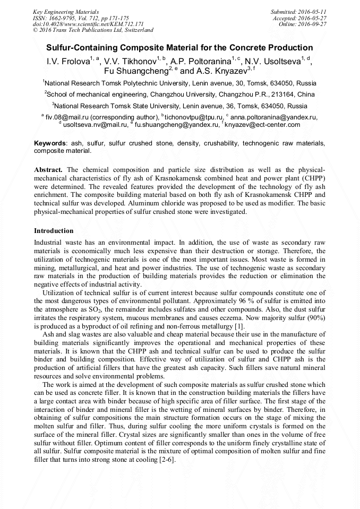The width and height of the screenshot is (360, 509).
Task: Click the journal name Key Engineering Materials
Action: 65,11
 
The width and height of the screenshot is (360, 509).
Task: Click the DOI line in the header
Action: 88,24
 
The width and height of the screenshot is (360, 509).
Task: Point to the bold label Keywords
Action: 50,144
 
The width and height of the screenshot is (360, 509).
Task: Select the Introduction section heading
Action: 54,231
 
